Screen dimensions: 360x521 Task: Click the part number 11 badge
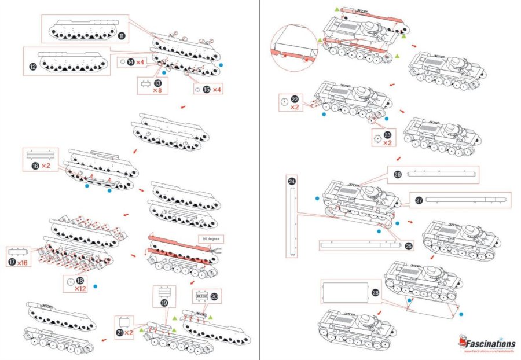click(x=122, y=35)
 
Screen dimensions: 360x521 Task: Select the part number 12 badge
click(x=33, y=67)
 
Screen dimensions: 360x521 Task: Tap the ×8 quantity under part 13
click(x=157, y=90)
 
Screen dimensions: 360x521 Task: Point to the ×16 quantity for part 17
click(x=23, y=263)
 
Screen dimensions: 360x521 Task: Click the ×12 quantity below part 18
click(x=80, y=288)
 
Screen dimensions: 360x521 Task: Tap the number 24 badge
click(x=291, y=181)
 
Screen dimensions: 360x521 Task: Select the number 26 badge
click(x=397, y=174)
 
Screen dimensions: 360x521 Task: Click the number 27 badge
click(x=419, y=201)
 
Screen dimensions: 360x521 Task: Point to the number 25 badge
click(x=409, y=246)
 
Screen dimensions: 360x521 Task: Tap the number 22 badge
click(x=295, y=100)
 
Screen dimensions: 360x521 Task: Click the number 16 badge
click(x=34, y=166)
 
